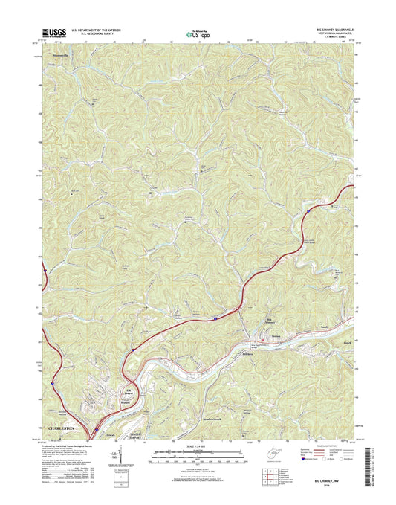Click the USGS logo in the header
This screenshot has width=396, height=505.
(56, 33)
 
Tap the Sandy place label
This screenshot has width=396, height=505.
(322, 327)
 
